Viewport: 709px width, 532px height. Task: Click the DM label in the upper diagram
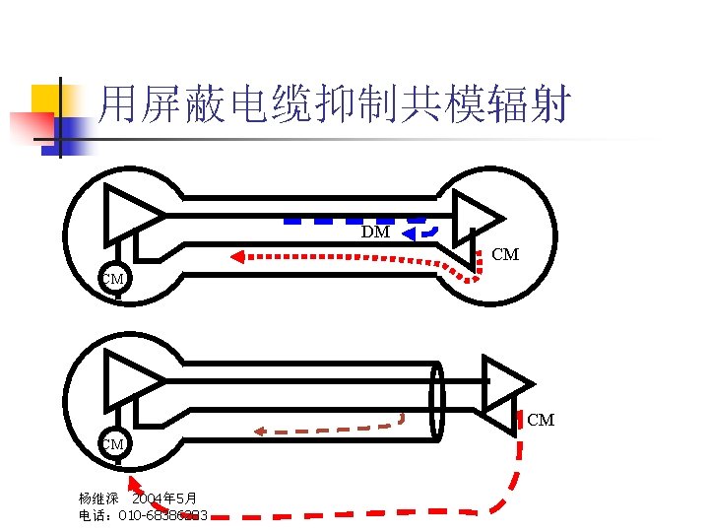point(375,233)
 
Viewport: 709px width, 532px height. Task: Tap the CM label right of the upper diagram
point(505,255)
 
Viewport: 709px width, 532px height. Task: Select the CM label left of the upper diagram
point(113,279)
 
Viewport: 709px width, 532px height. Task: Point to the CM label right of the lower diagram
point(541,421)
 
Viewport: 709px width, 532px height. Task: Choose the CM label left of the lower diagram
point(113,444)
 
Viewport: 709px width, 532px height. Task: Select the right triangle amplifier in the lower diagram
point(504,383)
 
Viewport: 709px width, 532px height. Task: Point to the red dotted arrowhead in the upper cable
point(237,258)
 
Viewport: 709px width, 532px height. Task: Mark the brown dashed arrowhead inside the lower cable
point(260,431)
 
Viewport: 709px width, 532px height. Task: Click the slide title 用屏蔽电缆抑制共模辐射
point(335,104)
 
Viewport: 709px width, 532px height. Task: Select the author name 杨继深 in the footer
point(98,499)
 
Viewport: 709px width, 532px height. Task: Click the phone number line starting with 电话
point(143,515)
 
